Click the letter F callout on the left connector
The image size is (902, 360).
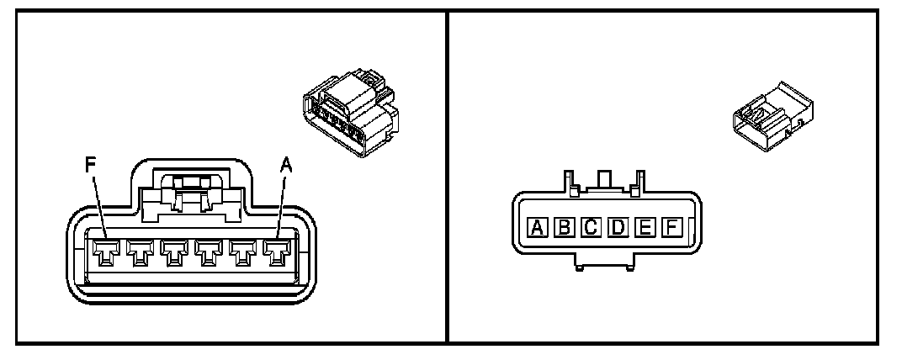pos(92,165)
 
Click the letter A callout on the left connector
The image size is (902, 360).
pos(285,166)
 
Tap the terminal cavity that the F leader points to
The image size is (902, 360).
pos(106,251)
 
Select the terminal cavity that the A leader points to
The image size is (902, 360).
pos(275,251)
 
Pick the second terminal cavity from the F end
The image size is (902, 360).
pos(140,251)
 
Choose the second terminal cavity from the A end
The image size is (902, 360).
pos(241,251)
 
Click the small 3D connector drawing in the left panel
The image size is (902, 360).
pos(346,118)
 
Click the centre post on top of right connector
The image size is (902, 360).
pos(602,180)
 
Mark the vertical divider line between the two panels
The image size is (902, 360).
pos(447,177)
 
